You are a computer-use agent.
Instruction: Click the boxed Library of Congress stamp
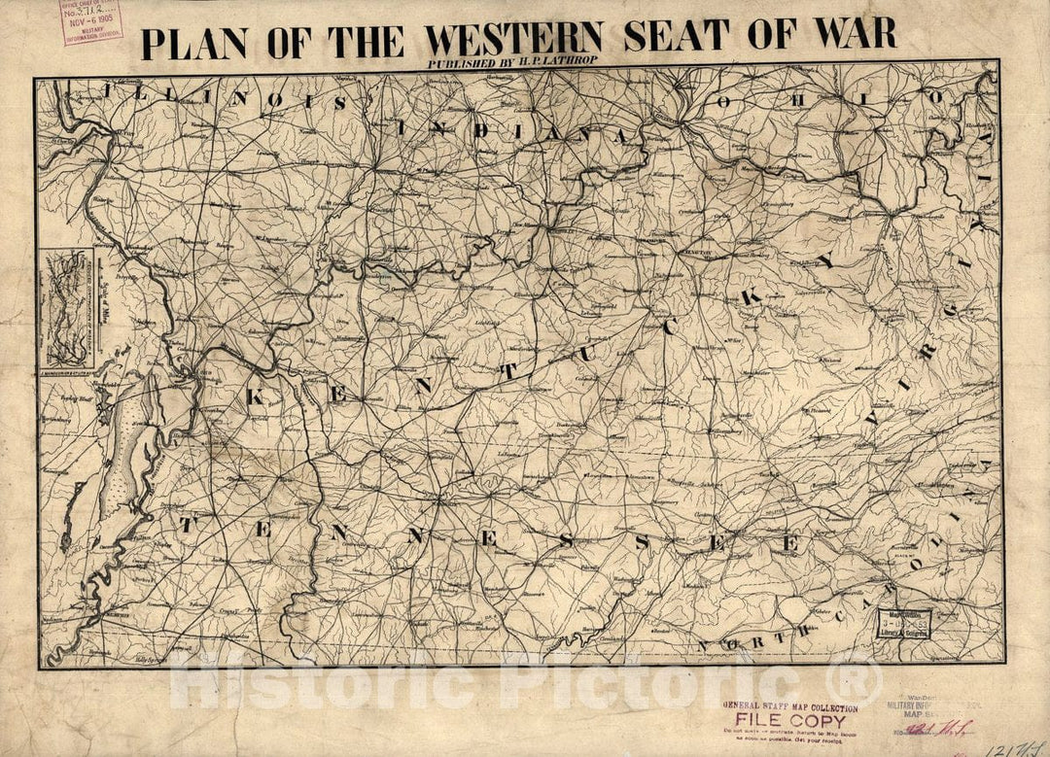pos(904,622)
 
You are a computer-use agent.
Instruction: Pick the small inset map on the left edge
pos(66,307)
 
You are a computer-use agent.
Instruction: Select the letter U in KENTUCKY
pos(586,355)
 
